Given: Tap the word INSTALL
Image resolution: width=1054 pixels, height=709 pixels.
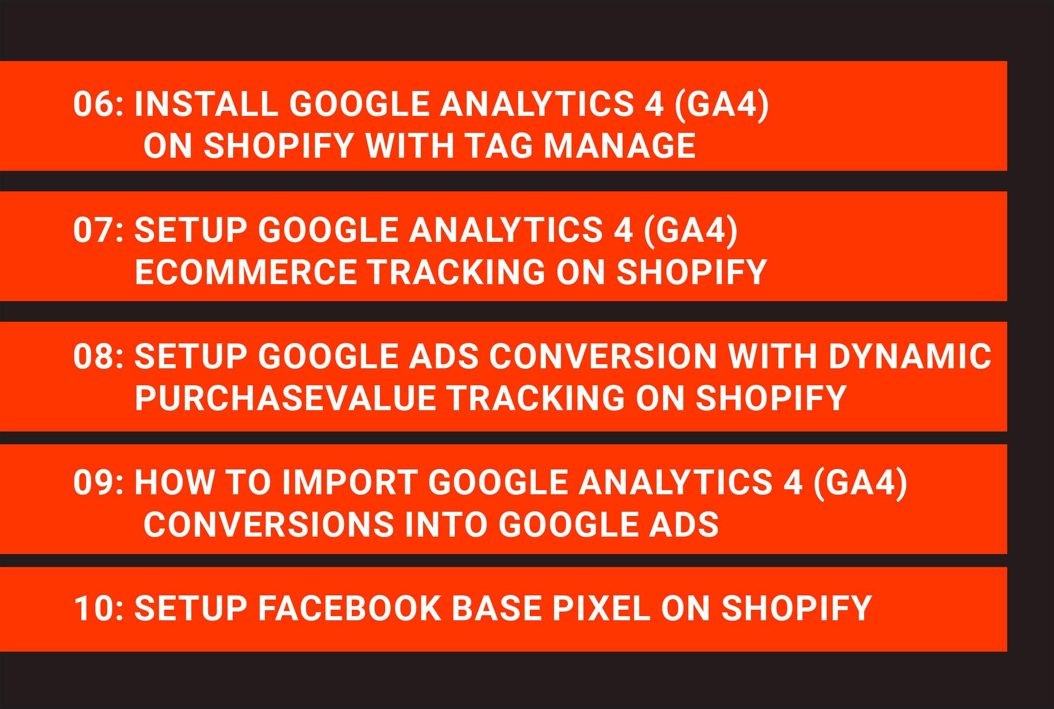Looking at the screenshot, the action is point(206,104).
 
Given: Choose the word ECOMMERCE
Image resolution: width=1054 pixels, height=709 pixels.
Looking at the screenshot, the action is point(246,272).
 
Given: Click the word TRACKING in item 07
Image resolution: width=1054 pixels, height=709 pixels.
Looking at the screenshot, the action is point(458,272).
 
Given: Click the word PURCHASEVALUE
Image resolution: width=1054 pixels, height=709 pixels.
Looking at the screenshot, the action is point(285,398).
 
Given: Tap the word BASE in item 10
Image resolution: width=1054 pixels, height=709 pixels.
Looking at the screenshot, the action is point(496,608).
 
